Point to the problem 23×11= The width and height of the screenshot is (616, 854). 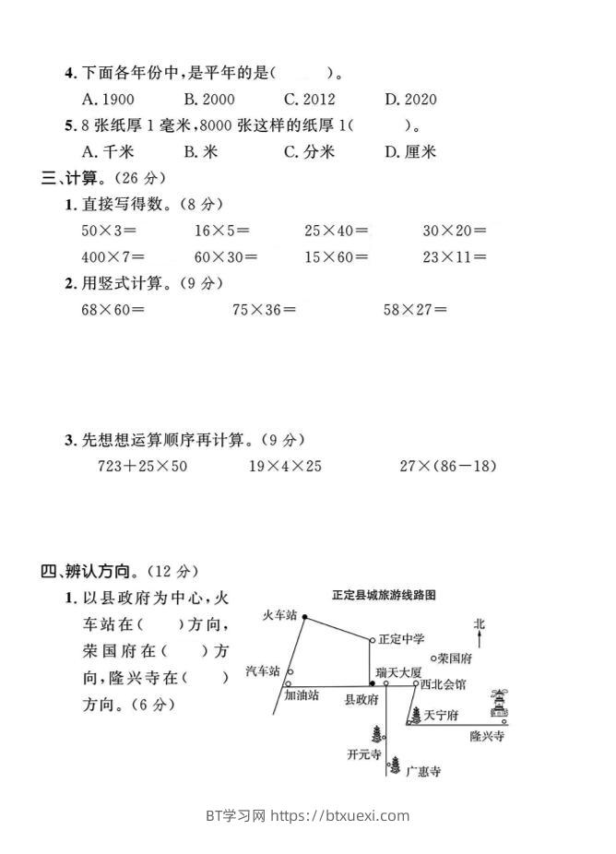pos(455,257)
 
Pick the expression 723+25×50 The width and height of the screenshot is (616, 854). pos(142,466)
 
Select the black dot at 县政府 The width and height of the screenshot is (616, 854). pos(372,683)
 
